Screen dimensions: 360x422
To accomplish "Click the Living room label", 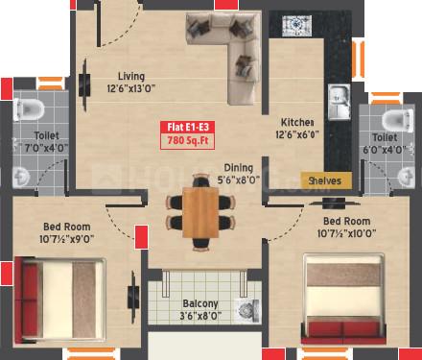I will tap(130, 76).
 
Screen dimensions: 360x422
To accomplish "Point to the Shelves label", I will tap(326, 180).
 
